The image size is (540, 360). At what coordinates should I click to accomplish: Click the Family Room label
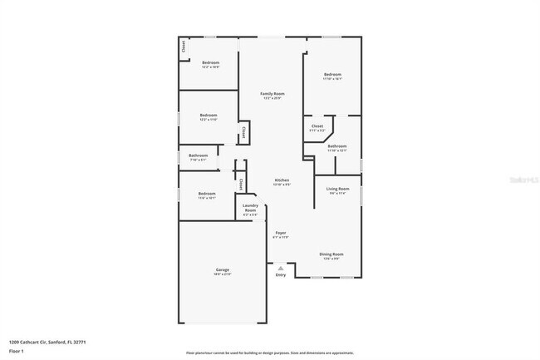click(272, 94)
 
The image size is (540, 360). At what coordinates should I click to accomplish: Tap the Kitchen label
click(282, 180)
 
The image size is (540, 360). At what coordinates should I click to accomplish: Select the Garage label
click(223, 270)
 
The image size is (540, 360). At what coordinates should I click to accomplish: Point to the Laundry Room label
click(250, 208)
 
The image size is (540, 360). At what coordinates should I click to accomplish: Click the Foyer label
click(281, 234)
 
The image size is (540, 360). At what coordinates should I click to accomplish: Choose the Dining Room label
click(331, 254)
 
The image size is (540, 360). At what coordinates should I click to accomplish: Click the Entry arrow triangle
click(281, 268)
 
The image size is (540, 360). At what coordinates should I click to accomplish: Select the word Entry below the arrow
click(281, 275)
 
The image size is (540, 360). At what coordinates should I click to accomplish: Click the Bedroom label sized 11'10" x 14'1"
click(332, 75)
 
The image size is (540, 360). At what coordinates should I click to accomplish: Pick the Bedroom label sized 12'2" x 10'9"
click(210, 63)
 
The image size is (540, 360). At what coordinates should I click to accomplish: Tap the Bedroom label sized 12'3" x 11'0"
click(208, 115)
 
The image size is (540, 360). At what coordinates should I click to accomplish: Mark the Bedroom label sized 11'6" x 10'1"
click(207, 194)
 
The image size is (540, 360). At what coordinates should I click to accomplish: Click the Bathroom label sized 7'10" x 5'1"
click(198, 155)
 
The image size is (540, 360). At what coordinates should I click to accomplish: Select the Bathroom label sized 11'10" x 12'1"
click(336, 146)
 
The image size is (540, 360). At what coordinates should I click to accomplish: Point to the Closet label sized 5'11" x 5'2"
click(317, 126)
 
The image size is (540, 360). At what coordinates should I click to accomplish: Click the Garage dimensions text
click(223, 274)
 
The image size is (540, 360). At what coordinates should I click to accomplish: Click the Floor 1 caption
click(17, 351)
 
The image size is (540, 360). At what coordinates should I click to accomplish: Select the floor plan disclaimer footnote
click(269, 353)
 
